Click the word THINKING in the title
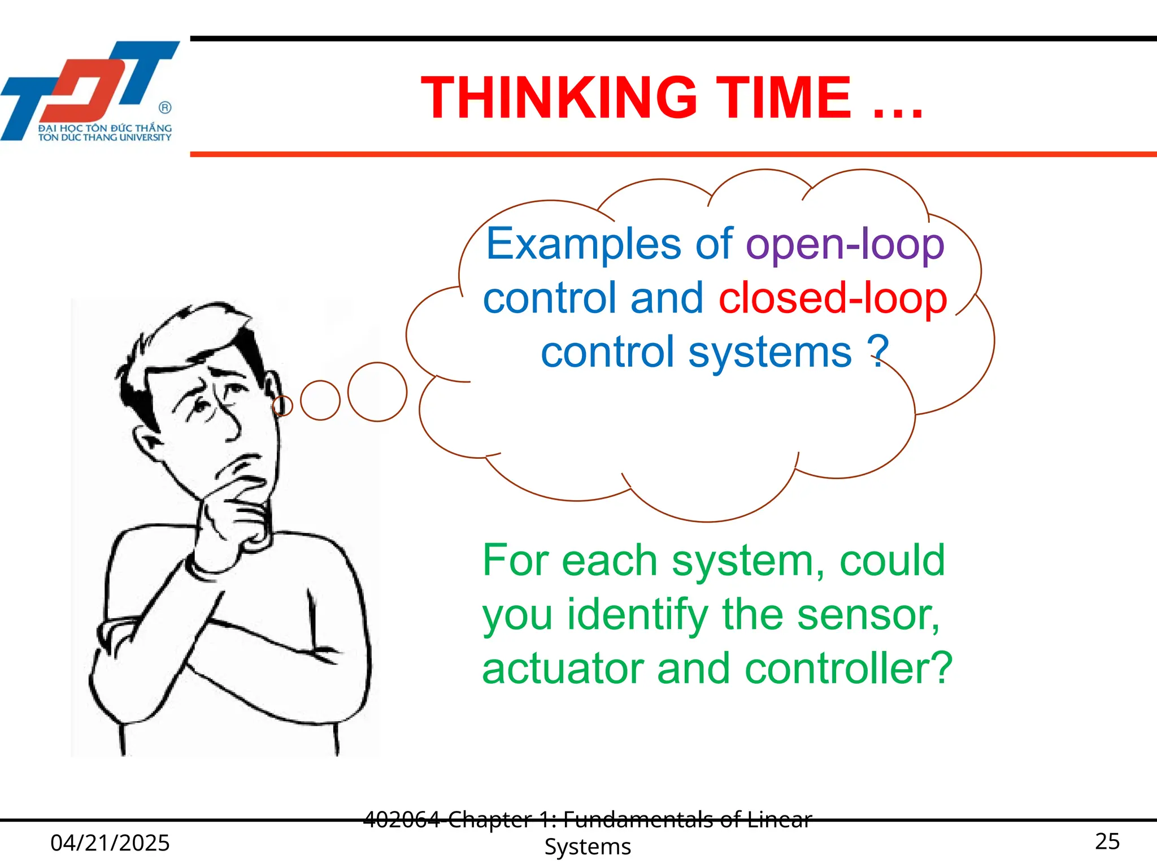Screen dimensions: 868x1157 559,98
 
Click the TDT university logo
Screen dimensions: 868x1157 90,90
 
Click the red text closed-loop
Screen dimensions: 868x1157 833,298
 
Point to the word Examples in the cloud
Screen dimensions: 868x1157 584,245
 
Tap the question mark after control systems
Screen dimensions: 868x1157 878,351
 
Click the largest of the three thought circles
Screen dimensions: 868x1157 377,392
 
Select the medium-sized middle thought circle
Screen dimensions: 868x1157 320,400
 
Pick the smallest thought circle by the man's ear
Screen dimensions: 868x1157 282,405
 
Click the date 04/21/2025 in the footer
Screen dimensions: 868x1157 110,843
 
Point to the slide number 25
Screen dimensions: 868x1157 1107,841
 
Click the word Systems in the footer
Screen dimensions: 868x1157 588,847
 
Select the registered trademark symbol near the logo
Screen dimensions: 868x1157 165,107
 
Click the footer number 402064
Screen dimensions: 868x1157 402,819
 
